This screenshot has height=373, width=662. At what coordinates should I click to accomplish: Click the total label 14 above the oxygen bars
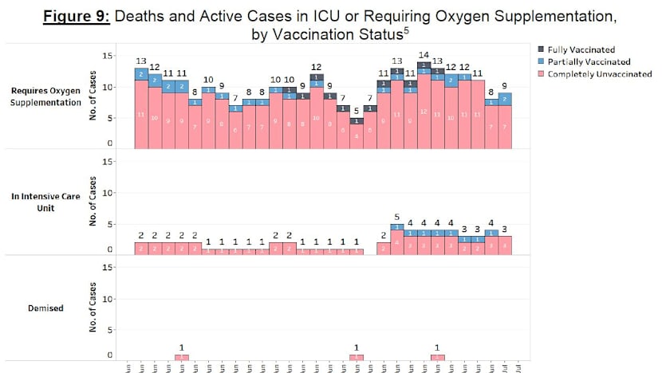point(424,55)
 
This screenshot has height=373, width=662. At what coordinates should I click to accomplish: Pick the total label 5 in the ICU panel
point(396,217)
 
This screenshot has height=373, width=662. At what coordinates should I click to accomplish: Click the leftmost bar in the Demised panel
point(182,357)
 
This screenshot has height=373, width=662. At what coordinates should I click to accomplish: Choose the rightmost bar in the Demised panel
point(437,357)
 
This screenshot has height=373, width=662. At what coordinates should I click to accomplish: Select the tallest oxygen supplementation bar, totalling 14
point(424,105)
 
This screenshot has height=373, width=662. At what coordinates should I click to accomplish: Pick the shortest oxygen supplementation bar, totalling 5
point(356,132)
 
